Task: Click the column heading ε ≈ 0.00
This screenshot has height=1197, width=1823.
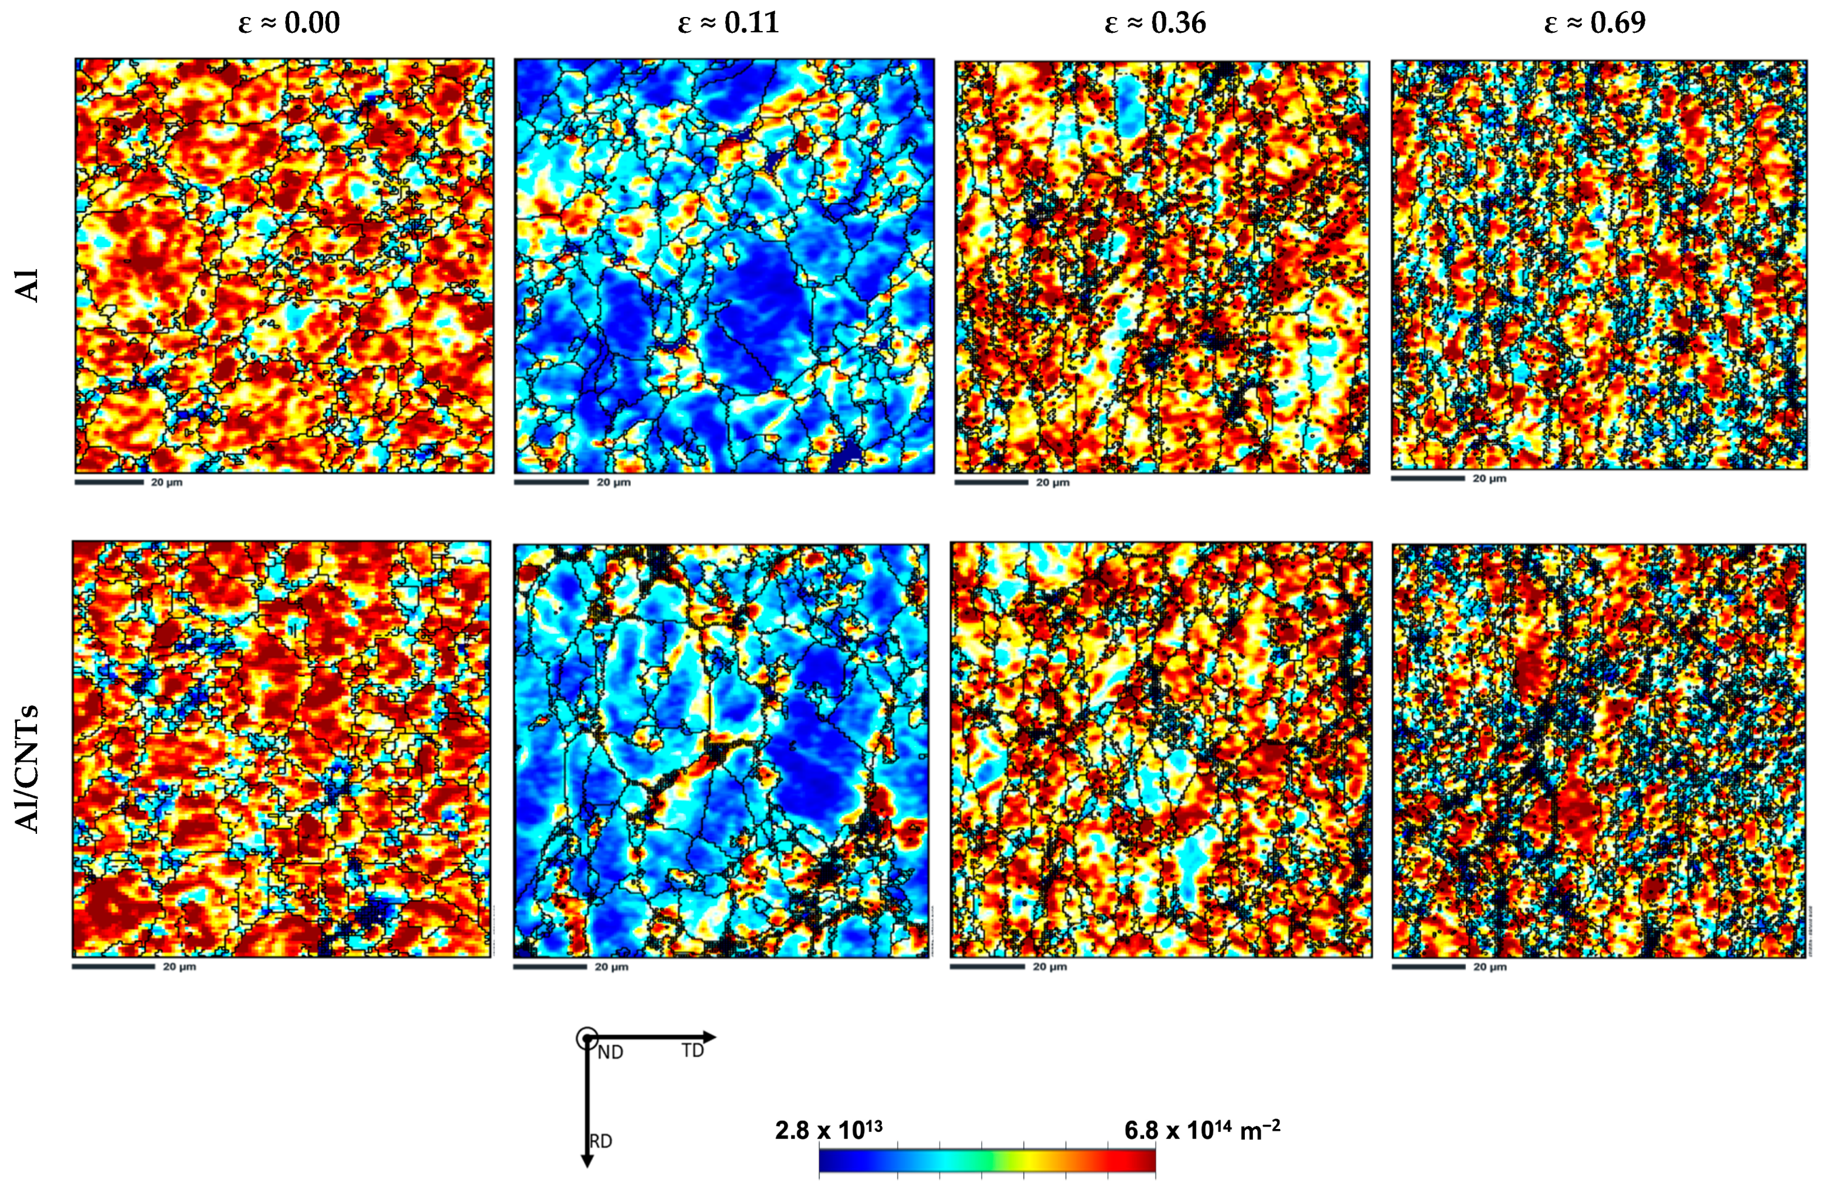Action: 289,23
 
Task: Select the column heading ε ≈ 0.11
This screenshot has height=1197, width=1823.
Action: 729,23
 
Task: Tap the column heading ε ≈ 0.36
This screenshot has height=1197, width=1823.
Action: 1155,23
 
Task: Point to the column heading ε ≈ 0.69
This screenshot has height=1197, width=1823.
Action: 1595,23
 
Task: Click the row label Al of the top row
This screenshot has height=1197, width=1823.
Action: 29,285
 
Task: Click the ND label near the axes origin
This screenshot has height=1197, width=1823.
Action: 610,1052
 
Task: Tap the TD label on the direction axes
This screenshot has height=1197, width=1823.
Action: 692,1051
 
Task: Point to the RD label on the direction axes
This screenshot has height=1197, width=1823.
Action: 601,1141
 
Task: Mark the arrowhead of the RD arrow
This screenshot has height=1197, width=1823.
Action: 587,1161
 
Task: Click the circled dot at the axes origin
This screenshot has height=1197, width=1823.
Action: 587,1038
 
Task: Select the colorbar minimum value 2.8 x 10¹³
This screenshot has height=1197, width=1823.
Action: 829,1130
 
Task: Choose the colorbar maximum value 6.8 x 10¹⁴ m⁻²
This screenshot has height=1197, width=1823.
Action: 1202,1130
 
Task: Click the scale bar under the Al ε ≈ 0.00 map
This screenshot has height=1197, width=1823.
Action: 109,482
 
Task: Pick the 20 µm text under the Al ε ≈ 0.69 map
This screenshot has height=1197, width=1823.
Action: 1490,479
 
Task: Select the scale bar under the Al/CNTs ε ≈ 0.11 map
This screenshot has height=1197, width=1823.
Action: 549,966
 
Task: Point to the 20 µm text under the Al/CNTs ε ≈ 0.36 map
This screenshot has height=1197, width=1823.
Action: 1049,966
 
